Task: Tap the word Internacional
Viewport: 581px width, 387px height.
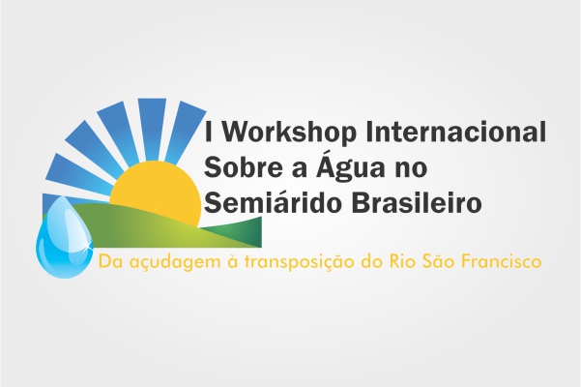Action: coord(455,132)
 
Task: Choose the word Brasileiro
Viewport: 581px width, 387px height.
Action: coord(417,202)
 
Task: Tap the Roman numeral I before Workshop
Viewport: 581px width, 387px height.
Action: coord(209,132)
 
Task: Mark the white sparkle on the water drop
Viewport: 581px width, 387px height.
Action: coord(87,244)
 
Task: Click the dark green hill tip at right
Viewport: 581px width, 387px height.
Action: coord(261,231)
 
